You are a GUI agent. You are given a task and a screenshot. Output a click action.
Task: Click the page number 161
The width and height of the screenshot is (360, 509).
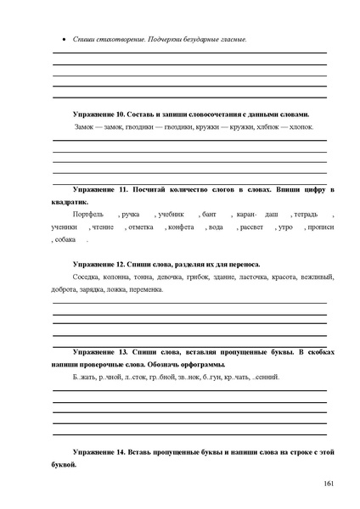pyautogui.click(x=329, y=484)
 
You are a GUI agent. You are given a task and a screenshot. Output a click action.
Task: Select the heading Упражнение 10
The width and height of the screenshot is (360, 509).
pyautogui.click(x=110, y=113)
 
